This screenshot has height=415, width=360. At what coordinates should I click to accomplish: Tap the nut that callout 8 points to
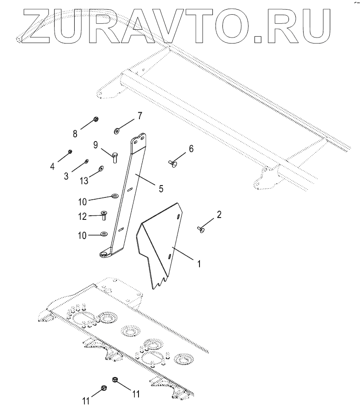coord(96,120)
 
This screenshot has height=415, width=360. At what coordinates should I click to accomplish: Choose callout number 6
coord(191,148)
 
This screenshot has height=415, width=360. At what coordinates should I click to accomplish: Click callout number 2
coord(219,215)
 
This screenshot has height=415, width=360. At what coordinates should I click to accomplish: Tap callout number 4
coord(53,166)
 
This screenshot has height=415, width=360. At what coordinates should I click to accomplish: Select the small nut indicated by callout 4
coord(70,152)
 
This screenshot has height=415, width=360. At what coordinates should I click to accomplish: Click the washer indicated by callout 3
coord(87,161)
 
